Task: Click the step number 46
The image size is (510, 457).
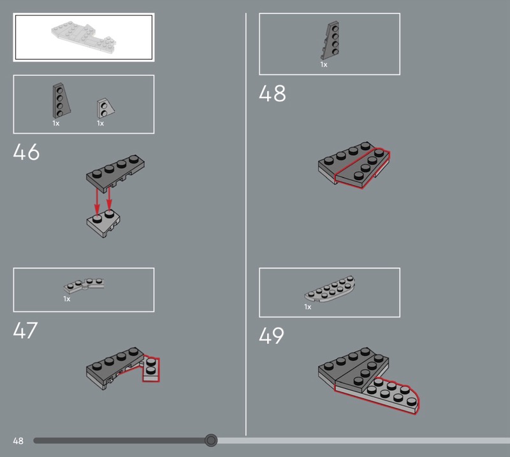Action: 26,151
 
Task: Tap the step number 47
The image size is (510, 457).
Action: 25,330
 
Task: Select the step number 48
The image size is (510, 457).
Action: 272,93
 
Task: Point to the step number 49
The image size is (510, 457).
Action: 272,335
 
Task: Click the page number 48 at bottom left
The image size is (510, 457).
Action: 18,440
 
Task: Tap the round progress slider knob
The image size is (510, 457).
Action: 211,440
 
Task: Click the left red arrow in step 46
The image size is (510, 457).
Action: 97,201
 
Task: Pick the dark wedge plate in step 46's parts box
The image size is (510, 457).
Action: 61,101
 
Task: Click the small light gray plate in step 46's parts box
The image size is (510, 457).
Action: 105,108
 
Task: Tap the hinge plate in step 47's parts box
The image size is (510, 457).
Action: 84,285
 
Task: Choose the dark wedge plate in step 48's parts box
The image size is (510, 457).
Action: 330,41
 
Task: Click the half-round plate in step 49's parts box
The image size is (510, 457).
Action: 330,289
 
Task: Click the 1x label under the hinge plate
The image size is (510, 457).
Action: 67,299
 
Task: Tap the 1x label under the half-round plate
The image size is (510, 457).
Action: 308,307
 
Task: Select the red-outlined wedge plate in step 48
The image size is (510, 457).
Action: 363,168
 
